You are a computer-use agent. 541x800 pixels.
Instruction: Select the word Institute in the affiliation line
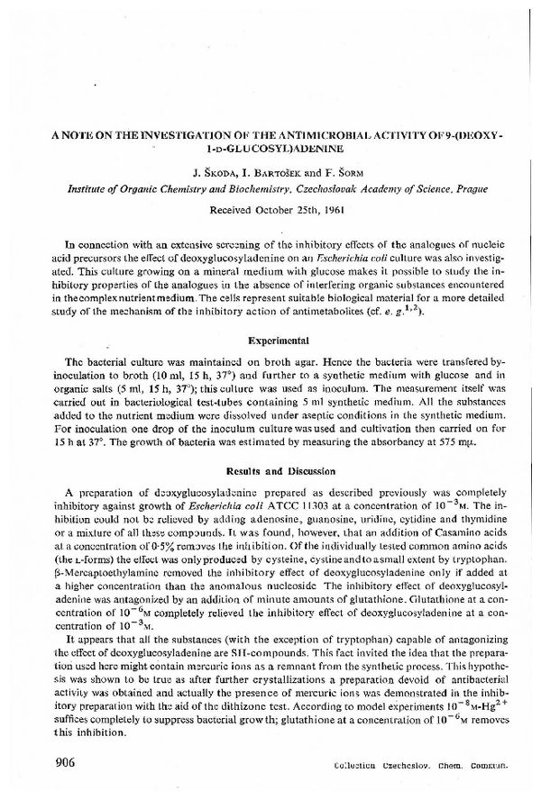[x=91, y=188]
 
